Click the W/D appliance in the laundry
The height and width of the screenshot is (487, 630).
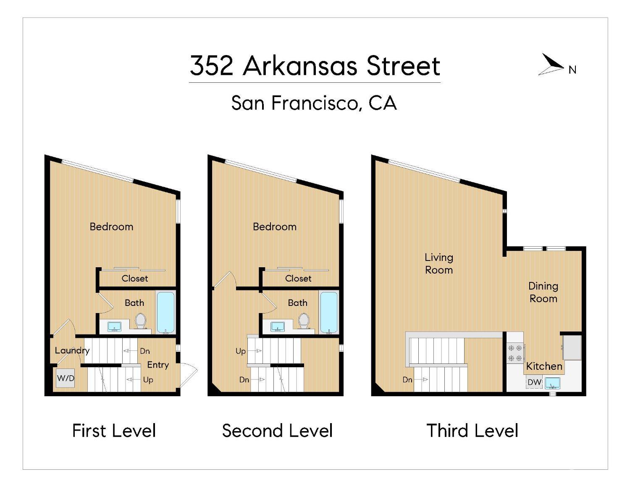click(66, 378)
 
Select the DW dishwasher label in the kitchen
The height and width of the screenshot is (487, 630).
click(534, 382)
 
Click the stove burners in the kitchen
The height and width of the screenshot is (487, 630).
click(515, 353)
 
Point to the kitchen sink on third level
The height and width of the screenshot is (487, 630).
click(552, 383)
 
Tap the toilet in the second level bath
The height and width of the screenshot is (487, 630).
click(304, 321)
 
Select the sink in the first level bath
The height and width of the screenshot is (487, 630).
click(114, 326)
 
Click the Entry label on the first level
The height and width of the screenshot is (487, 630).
click(158, 365)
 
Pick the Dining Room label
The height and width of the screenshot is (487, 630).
click(543, 292)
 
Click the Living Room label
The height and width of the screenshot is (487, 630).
click(439, 263)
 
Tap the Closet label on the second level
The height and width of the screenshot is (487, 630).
click(298, 278)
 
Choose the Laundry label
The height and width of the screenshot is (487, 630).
click(72, 350)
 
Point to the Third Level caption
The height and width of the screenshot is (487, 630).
click(472, 431)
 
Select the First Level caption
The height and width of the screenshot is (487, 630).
click(114, 431)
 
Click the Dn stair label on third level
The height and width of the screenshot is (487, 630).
click(407, 379)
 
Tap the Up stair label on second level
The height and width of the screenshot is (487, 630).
click(241, 351)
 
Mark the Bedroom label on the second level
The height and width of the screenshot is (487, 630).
click(275, 227)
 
